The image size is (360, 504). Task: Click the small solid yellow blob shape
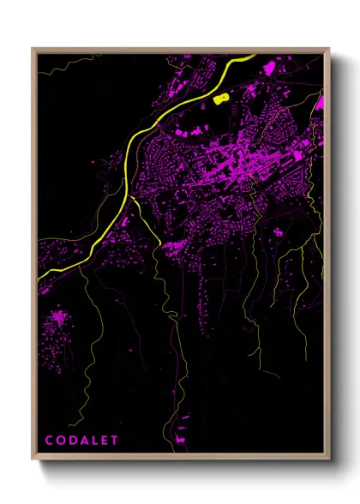pos(221,98)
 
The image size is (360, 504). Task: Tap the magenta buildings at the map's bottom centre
pos(180,439)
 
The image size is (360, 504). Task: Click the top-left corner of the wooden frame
pos(33,49)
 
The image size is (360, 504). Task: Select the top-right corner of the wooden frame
pos(330,49)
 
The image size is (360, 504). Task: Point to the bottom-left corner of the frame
pos(33,459)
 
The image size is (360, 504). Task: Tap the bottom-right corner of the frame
pos(330,459)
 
